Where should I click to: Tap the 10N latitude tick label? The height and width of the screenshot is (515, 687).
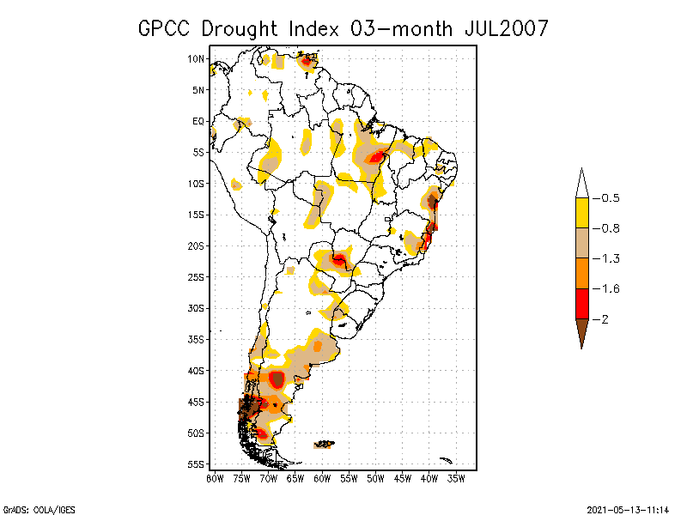[x=197, y=59]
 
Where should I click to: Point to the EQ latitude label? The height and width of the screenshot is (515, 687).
[x=198, y=121]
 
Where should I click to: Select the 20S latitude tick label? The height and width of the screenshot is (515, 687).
[x=197, y=245]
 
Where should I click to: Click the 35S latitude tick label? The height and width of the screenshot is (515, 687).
[x=197, y=339]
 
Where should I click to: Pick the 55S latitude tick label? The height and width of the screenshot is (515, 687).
[x=197, y=464]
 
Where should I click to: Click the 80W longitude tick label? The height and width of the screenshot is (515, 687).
[x=215, y=478]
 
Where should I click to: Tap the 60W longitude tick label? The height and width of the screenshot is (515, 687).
[x=322, y=478]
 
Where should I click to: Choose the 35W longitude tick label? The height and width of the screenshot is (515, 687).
[x=457, y=478]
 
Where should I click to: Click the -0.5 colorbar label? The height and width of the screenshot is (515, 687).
[x=611, y=198]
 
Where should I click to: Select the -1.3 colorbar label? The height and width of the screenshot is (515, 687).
[x=611, y=258]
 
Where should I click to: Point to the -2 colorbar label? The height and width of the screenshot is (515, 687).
[x=607, y=319]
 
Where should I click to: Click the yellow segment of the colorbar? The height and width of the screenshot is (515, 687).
[x=581, y=213]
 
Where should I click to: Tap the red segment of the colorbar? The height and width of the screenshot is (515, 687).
[x=581, y=304]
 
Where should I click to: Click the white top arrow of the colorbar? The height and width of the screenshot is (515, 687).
[x=581, y=185]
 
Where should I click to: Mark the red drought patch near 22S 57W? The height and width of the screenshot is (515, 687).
[x=339, y=259]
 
